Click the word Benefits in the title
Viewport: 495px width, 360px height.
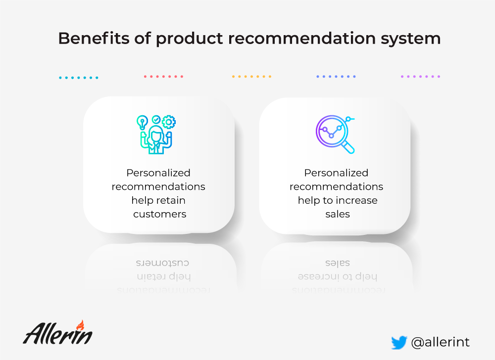[94, 39]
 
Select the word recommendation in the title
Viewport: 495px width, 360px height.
[302, 39]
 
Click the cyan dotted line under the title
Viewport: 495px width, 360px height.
[79, 78]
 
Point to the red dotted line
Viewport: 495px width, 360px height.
[163, 77]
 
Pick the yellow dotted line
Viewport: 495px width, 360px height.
[251, 77]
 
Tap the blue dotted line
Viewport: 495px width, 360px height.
[336, 77]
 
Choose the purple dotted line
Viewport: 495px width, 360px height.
[420, 77]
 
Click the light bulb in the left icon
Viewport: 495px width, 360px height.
[143, 122]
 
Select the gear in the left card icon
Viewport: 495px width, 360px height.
[169, 122]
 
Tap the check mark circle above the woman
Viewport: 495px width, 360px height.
[156, 120]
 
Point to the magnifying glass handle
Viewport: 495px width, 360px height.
[348, 147]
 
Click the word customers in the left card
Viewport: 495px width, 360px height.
[160, 214]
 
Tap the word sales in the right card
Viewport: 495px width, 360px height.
[338, 214]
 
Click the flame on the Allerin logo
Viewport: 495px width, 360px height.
[81, 325]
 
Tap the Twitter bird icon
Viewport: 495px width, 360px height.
[399, 342]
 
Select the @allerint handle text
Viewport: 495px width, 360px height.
[441, 342]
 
